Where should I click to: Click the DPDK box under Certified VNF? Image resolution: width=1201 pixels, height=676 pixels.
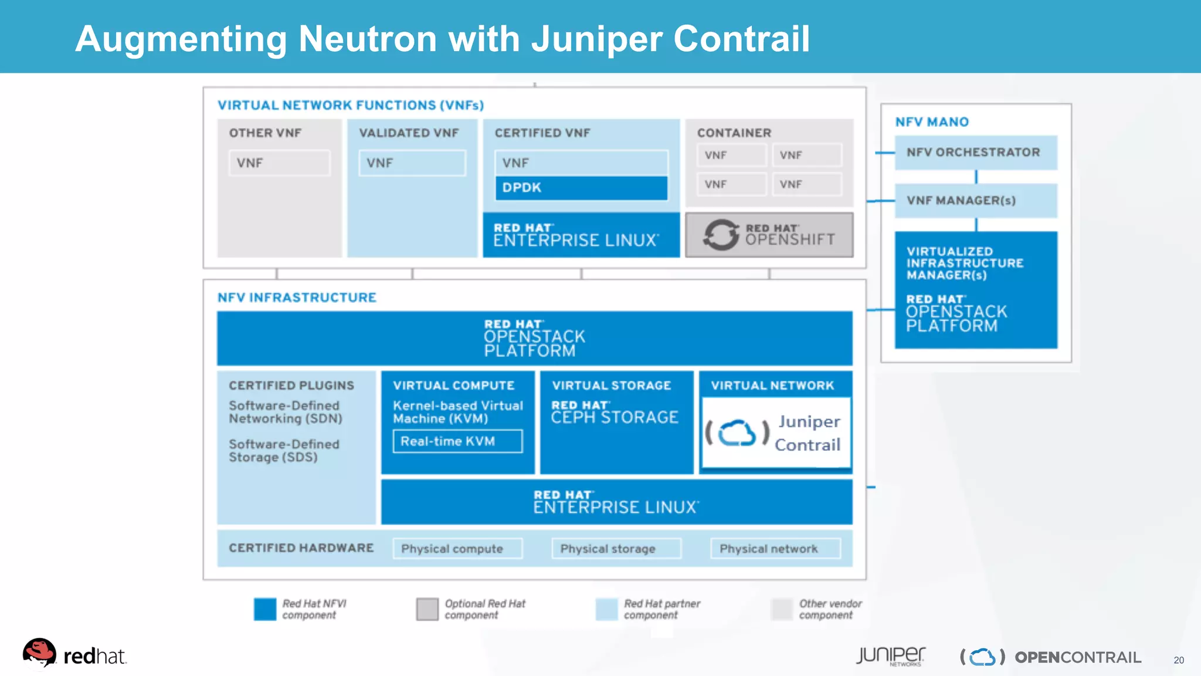581,188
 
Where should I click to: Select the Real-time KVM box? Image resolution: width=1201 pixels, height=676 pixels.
457,441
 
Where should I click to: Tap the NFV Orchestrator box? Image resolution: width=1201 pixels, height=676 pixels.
976,153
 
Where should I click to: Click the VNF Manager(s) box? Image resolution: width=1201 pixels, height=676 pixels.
976,201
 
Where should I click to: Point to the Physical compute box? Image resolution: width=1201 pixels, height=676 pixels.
457,549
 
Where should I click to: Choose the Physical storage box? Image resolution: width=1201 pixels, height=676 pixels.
616,549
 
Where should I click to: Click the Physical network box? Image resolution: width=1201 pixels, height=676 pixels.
775,549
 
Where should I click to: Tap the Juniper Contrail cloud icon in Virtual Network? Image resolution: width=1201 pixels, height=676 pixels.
737,433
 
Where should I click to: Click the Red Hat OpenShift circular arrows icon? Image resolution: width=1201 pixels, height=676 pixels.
721,235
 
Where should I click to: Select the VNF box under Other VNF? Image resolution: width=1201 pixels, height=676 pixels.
279,163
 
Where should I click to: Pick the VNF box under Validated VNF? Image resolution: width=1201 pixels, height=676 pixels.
412,163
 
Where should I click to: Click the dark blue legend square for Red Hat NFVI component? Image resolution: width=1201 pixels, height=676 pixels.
265,609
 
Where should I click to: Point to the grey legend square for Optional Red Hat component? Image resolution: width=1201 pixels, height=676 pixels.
427,609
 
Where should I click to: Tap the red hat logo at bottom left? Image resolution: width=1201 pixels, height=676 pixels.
39,653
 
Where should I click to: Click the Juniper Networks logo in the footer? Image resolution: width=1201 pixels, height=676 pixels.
890,655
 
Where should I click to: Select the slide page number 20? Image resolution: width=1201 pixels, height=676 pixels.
1179,660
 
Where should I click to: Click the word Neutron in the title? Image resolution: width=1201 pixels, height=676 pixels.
368,39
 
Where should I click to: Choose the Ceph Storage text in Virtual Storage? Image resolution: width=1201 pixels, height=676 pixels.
615,417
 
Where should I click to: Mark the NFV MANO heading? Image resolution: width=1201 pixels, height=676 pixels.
932,122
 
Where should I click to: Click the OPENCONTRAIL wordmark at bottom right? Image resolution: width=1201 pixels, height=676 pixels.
1078,657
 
